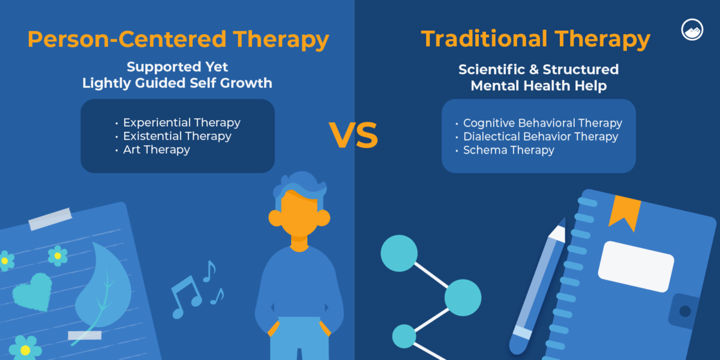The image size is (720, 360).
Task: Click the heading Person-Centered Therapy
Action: (x=178, y=40)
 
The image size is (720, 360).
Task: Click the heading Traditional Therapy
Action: (x=536, y=40)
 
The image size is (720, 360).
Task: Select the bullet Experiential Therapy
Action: (x=181, y=122)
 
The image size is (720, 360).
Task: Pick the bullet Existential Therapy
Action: (x=177, y=136)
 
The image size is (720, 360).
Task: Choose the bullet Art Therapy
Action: (x=156, y=150)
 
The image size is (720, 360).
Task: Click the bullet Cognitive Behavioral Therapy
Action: (x=542, y=123)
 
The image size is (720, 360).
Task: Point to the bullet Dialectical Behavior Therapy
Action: (x=540, y=137)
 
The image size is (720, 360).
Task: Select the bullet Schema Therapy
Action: (x=508, y=151)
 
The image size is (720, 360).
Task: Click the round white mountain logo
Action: (x=693, y=30)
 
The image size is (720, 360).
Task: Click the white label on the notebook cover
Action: (x=635, y=266)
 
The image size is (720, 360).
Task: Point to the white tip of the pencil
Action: (x=558, y=232)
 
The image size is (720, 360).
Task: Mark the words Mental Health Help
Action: (x=538, y=86)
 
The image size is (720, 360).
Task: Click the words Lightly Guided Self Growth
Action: (x=177, y=83)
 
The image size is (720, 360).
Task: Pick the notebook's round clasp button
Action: (x=685, y=311)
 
